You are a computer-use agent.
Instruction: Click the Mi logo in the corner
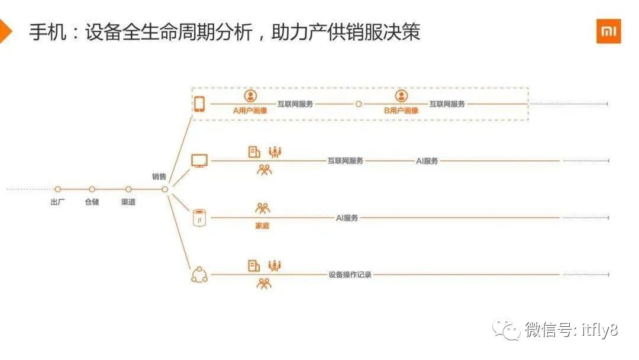click(x=608, y=31)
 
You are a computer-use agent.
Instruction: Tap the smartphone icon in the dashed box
click(x=199, y=104)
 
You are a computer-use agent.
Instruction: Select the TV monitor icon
click(x=199, y=160)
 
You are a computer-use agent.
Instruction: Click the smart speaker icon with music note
click(x=199, y=217)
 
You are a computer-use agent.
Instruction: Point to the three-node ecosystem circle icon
click(x=199, y=275)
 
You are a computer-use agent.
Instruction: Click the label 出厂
click(x=58, y=202)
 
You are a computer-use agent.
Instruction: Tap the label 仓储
click(x=92, y=202)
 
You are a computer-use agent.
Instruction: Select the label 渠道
click(x=128, y=202)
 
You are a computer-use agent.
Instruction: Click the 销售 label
click(x=159, y=176)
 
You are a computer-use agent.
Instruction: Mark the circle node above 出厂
click(x=58, y=189)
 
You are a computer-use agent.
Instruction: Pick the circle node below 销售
click(x=165, y=189)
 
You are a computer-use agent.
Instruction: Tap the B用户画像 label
click(x=401, y=110)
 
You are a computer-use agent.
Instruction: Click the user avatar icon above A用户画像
click(x=250, y=97)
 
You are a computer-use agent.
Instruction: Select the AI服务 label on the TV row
click(x=427, y=160)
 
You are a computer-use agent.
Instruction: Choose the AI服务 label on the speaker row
click(x=347, y=218)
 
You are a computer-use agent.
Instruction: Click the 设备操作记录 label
click(x=350, y=275)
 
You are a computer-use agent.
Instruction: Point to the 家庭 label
click(x=262, y=226)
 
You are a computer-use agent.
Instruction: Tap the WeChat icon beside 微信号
click(x=508, y=330)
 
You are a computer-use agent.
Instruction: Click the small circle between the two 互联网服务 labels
click(x=358, y=104)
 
